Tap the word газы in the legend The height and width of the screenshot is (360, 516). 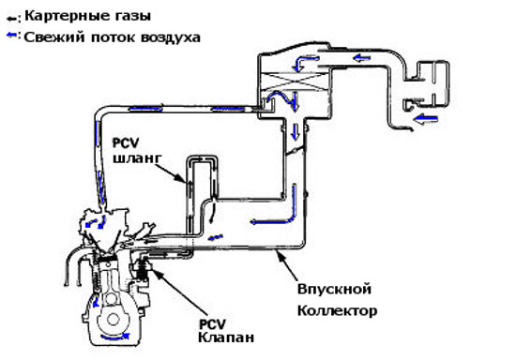(135, 16)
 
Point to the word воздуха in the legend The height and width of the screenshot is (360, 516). (171, 37)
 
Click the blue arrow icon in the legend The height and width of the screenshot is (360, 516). (11, 35)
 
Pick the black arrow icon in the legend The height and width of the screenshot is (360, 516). (12, 19)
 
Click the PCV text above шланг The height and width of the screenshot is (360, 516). (126, 143)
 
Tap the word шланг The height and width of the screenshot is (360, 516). (137, 158)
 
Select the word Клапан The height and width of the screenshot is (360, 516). (226, 337)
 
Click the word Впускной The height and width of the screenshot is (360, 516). (334, 290)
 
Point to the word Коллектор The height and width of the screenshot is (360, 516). (338, 310)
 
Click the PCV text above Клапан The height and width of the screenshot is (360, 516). (213, 324)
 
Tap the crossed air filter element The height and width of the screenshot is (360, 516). (295, 81)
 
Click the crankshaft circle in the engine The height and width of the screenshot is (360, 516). (113, 320)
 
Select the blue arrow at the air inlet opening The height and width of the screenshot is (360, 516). (426, 118)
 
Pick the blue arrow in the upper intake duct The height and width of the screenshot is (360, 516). (361, 58)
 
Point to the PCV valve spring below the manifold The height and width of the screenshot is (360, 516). (143, 270)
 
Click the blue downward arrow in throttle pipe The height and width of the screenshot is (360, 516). (296, 131)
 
